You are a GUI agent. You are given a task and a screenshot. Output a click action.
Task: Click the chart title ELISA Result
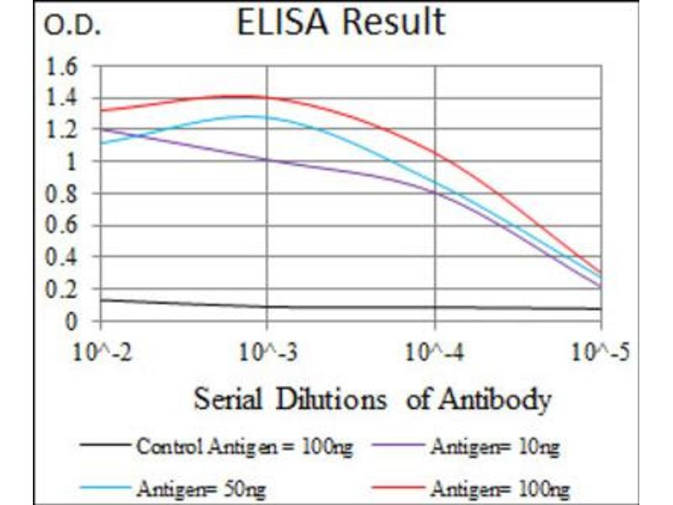340,23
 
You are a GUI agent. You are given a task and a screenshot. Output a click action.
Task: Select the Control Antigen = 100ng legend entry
244,448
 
